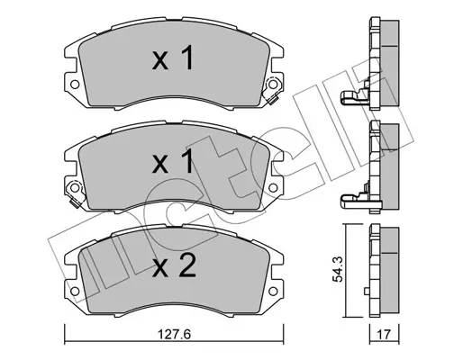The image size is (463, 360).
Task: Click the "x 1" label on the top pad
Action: point(173,58)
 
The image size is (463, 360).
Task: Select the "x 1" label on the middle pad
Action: point(173,161)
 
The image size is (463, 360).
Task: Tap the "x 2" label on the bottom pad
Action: point(174,265)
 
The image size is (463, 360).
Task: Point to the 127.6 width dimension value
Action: point(175,334)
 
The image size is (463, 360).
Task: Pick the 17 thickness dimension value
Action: point(384,334)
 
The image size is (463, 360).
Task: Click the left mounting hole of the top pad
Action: point(75,85)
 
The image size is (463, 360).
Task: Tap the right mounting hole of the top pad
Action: point(273,85)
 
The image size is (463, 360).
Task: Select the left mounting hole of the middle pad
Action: point(75,188)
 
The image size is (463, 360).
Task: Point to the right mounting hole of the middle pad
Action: point(273,188)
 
